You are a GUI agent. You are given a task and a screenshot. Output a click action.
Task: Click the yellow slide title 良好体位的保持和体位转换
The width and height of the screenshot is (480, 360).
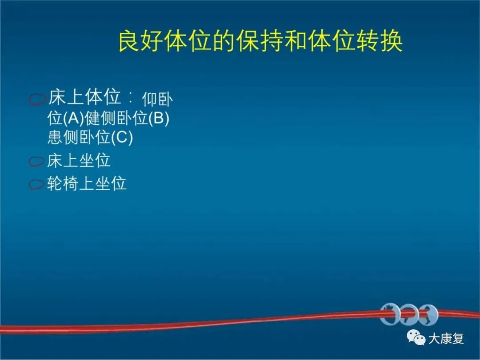coord(260,41)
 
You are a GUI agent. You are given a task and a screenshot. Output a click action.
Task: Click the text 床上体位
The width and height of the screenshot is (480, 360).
coord(84,97)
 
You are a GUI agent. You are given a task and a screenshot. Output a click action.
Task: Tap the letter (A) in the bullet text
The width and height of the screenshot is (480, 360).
coord(73,118)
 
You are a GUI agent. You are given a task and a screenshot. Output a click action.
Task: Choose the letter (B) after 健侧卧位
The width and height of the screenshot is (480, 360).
coord(159,118)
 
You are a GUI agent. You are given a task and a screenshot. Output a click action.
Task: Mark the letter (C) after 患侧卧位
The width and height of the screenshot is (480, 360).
coord(122,137)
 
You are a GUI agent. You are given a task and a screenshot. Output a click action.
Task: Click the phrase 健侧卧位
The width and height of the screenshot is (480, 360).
coord(116,118)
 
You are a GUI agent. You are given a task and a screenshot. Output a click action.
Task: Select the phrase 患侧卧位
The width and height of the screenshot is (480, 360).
coord(79,137)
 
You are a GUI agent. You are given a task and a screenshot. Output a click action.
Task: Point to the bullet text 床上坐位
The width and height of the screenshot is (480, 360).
coord(79,160)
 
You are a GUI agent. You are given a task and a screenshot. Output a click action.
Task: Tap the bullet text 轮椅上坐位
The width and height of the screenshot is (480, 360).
coord(87,184)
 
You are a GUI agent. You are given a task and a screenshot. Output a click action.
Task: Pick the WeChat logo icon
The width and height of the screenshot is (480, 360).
coord(416,337)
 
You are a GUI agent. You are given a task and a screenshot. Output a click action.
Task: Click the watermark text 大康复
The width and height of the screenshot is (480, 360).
coord(446,339)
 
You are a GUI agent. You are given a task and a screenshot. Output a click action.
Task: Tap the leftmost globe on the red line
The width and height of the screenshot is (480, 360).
coord(389,314)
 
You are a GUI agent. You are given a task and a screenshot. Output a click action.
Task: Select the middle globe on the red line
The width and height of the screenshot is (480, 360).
coord(409,314)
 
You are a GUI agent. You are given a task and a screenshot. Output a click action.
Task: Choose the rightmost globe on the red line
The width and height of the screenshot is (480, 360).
coord(428,314)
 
